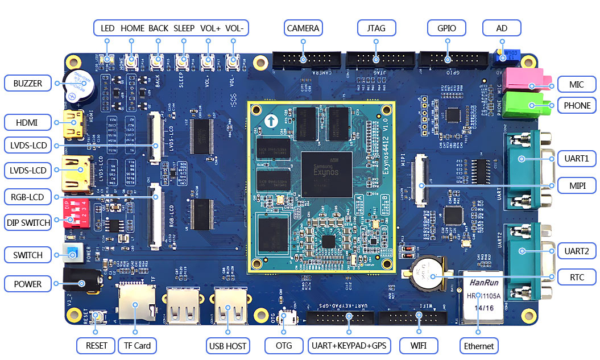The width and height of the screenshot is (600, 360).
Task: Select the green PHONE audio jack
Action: tap(531, 102)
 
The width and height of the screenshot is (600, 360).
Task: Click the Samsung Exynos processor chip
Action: tap(326, 171)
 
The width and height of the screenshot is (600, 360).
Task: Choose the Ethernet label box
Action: tap(479, 346)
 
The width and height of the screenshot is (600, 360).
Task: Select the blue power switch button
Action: tap(73, 254)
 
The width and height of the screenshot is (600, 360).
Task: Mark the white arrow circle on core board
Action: tap(272, 121)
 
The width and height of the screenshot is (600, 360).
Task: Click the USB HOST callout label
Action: tap(227, 346)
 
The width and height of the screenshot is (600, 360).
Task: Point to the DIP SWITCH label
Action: tap(28, 222)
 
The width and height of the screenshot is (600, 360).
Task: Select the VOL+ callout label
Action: tap(210, 28)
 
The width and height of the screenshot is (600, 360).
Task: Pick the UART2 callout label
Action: tap(577, 251)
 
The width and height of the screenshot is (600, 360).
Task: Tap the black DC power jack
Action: tap(81, 282)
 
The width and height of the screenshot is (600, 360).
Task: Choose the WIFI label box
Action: tap(418, 346)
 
